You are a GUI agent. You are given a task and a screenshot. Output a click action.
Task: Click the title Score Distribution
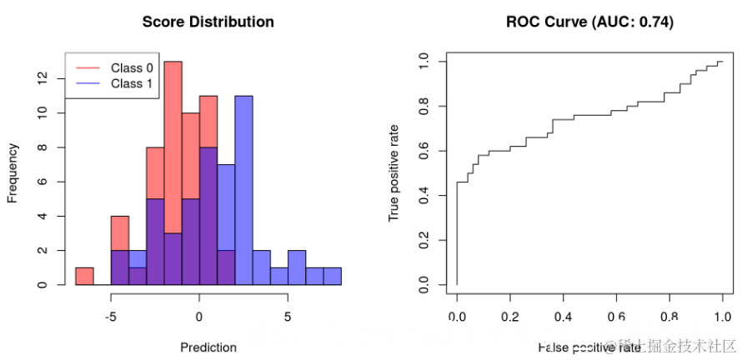(x=208, y=22)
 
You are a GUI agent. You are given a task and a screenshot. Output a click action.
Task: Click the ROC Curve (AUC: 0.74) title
(x=589, y=22)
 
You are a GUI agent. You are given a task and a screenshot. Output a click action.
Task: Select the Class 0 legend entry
(x=131, y=67)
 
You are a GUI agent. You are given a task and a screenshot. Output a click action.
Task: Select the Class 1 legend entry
(x=131, y=83)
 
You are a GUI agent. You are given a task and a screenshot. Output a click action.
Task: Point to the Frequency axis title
(x=13, y=173)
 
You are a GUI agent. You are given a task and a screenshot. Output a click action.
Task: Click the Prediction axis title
(x=208, y=347)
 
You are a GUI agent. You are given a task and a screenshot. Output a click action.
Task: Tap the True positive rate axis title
(x=394, y=173)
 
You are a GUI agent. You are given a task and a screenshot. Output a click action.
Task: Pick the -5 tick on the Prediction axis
(x=110, y=317)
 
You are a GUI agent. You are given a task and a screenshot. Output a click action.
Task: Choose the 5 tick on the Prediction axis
(x=288, y=317)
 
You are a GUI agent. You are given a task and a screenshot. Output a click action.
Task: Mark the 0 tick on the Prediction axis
(x=198, y=317)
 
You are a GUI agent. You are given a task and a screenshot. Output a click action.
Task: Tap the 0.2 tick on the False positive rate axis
(x=509, y=317)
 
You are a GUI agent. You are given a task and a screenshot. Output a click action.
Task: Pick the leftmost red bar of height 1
(x=84, y=277)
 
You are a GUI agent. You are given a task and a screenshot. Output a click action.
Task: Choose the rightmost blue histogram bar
(x=332, y=277)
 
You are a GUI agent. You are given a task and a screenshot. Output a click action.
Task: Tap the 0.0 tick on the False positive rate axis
(x=457, y=317)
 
